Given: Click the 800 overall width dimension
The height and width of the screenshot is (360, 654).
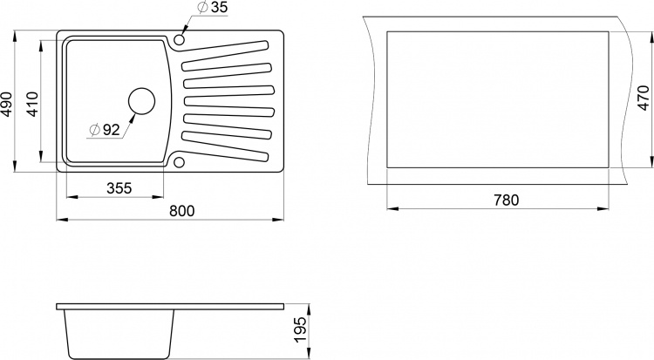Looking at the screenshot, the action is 182,211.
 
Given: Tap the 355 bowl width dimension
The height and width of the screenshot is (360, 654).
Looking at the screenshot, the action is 119,188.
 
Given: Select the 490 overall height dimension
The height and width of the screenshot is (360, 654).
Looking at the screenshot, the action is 7,104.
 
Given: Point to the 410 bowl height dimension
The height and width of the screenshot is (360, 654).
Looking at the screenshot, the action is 31,104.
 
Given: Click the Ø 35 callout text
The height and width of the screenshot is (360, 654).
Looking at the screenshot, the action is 213,7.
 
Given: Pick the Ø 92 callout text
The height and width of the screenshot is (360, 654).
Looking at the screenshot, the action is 106,130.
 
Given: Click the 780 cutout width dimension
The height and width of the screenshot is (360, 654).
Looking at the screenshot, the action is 507,200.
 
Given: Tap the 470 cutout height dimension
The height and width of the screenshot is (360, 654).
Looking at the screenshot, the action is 644,98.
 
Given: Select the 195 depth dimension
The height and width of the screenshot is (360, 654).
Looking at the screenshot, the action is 301,329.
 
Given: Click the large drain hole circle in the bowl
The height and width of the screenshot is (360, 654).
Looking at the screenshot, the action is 141,101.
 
